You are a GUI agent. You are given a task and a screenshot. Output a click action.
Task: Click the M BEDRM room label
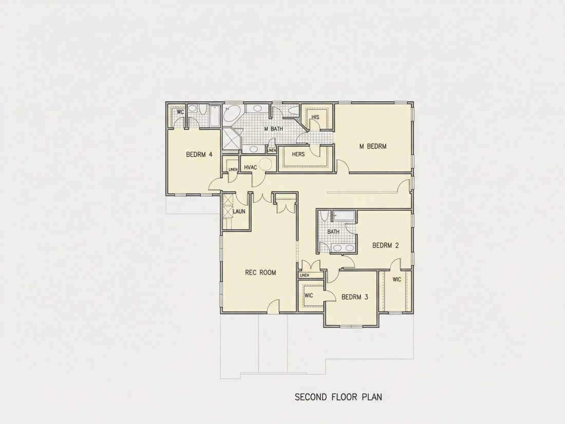[373, 146]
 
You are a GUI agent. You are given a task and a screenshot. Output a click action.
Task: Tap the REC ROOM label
[260, 272]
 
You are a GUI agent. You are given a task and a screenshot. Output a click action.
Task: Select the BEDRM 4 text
[199, 155]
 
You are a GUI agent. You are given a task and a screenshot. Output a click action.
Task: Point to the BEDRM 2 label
[386, 246]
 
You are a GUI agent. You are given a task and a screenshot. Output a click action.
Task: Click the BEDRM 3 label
[355, 297]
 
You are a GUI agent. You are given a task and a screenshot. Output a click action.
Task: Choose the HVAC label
[251, 168]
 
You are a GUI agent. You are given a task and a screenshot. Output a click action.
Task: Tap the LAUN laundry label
[239, 211]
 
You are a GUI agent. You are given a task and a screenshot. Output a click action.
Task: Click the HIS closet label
[315, 117]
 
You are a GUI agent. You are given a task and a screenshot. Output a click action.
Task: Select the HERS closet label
[298, 154]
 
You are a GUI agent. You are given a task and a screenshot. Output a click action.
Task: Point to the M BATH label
[273, 128]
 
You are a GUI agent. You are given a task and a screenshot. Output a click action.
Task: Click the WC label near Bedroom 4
[180, 112]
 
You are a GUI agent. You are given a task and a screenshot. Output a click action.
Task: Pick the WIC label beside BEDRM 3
[309, 296]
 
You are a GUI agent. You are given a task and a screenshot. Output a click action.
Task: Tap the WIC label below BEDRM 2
[397, 280]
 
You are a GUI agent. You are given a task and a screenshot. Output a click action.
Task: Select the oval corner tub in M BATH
[232, 114]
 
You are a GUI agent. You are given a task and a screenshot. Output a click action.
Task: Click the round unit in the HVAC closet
[266, 165]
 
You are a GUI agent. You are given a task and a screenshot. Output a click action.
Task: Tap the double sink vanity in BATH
[343, 248]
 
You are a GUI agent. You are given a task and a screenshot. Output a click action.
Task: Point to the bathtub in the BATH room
[344, 216]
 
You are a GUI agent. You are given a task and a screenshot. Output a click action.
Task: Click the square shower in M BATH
[231, 138]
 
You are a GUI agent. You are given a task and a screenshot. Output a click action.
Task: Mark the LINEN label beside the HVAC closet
[233, 170]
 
